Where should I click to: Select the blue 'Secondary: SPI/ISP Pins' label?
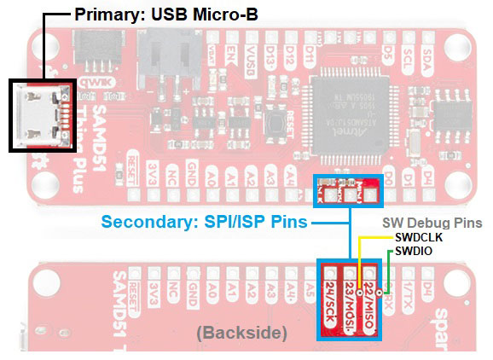click(206, 223)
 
